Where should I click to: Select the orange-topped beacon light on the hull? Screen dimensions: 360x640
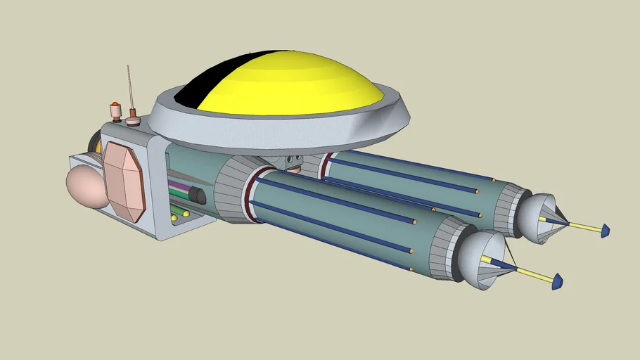click(x=115, y=108)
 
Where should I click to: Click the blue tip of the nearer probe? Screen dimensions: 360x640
click(x=557, y=282)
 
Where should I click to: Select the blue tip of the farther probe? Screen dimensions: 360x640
click(x=604, y=231)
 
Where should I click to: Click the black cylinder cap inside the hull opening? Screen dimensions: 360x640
click(x=199, y=195)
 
